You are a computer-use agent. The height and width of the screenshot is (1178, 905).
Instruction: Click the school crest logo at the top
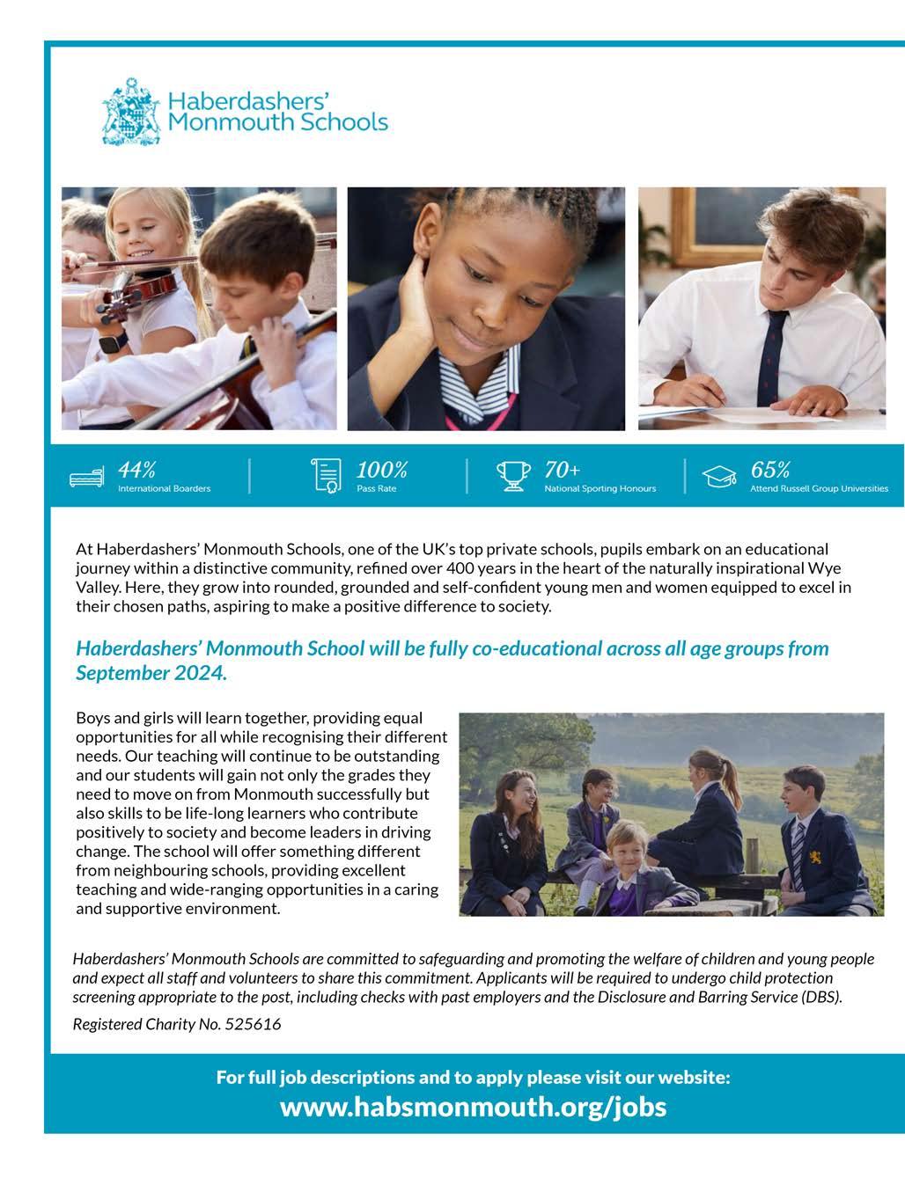click(x=131, y=112)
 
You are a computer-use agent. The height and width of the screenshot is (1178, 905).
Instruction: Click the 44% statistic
click(x=136, y=470)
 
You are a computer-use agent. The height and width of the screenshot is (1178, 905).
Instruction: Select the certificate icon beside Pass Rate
click(x=327, y=475)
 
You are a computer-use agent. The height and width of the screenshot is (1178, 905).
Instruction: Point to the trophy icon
click(x=513, y=475)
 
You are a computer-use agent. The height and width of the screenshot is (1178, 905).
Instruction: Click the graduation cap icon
click(x=718, y=477)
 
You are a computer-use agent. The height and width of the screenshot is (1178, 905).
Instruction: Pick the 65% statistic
click(x=769, y=470)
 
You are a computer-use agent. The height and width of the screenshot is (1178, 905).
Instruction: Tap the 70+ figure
click(x=562, y=470)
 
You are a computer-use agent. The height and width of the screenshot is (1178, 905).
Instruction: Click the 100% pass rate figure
click(x=381, y=470)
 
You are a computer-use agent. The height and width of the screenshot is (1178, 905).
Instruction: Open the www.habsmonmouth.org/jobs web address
click(x=473, y=1107)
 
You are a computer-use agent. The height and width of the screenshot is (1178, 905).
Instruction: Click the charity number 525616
click(x=253, y=1024)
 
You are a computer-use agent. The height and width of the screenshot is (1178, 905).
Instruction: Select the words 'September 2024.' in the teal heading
click(x=151, y=674)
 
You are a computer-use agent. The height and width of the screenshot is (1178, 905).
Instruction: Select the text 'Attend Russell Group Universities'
click(x=819, y=488)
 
